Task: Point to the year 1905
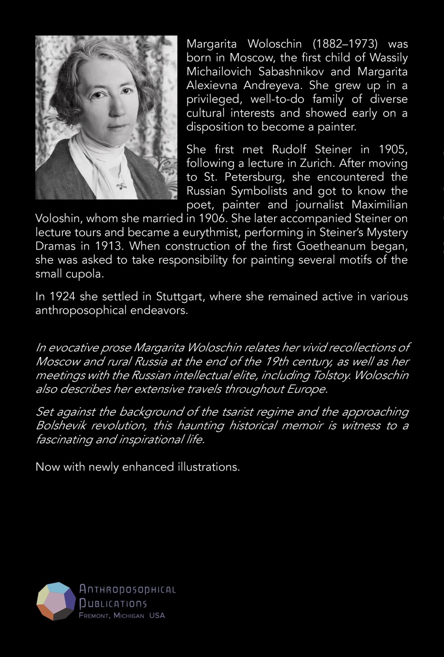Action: [393, 150]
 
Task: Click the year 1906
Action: [212, 218]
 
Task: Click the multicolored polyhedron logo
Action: [56, 601]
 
